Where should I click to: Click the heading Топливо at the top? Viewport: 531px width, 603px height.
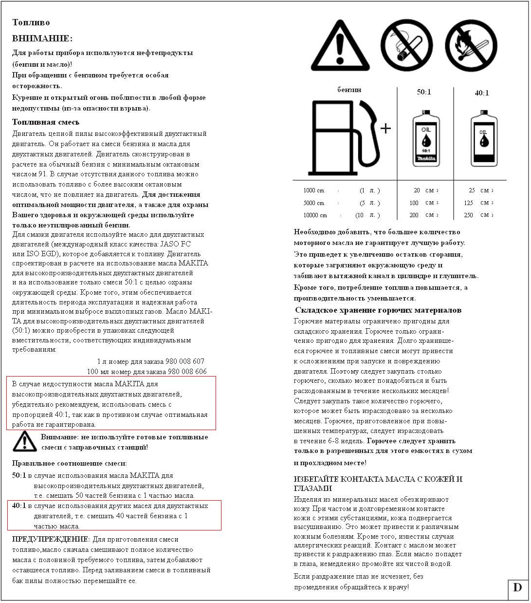pyautogui.click(x=31, y=22)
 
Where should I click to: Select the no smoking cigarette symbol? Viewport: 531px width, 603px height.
pyautogui.click(x=406, y=46)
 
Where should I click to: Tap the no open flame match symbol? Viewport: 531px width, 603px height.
pyautogui.click(x=471, y=46)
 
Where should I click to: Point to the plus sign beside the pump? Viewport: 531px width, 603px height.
pyautogui.click(x=385, y=128)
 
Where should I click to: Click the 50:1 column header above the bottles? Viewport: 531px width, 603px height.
pyautogui.click(x=424, y=92)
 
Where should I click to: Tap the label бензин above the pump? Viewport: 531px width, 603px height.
pyautogui.click(x=349, y=90)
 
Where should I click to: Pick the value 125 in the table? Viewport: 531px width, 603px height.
pyautogui.click(x=469, y=203)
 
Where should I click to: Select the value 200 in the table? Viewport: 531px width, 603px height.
pyautogui.click(x=414, y=215)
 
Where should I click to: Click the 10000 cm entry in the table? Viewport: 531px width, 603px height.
pyautogui.click(x=315, y=215)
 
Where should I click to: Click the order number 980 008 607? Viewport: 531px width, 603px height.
pyautogui.click(x=186, y=361)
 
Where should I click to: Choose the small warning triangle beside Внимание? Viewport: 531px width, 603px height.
pyautogui.click(x=24, y=441)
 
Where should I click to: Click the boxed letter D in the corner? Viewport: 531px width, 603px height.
pyautogui.click(x=517, y=587)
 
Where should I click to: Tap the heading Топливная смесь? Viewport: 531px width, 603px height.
pyautogui.click(x=46, y=122)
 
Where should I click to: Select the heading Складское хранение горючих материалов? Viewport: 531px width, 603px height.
pyautogui.click(x=378, y=310)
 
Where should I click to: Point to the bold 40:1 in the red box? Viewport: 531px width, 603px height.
pyautogui.click(x=19, y=506)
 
